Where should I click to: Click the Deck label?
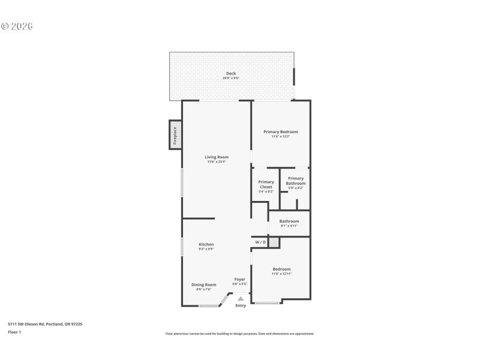[231, 73]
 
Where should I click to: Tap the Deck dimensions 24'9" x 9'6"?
[231, 78]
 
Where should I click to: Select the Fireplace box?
[175, 135]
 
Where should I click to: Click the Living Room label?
[217, 157]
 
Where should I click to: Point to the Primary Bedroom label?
[280, 131]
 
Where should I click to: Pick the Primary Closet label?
[266, 184]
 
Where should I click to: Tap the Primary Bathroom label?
[296, 181]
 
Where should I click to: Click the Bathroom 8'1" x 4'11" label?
[289, 221]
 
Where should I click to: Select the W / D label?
[260, 242]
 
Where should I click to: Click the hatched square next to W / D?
[274, 242]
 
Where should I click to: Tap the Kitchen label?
[206, 244]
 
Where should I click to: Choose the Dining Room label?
[203, 285]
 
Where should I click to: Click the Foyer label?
[239, 280]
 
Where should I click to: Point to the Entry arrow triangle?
[241, 298]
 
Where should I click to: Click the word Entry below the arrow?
[241, 305]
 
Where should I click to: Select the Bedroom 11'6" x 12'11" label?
[281, 269]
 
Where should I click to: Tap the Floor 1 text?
[14, 332]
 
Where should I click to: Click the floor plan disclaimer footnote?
[239, 334]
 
